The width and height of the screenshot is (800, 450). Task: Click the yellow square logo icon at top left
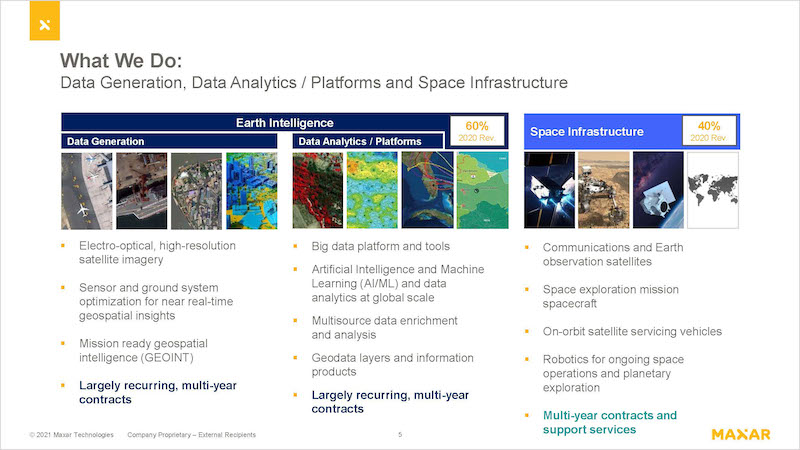point(44,20)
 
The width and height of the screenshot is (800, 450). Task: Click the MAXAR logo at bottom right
point(741,435)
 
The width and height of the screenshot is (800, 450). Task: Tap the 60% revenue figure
point(477,126)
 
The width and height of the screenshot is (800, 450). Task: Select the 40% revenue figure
point(709,126)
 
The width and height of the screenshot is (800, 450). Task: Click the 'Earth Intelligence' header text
point(285,123)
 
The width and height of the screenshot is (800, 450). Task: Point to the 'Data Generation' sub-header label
point(106,141)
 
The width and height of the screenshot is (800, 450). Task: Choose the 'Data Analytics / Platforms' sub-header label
point(360,141)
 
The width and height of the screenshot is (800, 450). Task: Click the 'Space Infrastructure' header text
point(587,132)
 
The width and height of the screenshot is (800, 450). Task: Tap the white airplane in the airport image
point(83,209)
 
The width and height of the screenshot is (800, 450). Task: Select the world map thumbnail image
point(713,190)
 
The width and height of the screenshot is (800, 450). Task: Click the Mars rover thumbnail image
point(604,190)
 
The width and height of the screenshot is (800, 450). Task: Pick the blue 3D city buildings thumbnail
point(252,190)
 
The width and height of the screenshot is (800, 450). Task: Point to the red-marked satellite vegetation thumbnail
point(318,190)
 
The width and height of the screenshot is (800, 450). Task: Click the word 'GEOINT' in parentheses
point(166,358)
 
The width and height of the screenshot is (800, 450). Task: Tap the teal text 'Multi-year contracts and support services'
point(610,422)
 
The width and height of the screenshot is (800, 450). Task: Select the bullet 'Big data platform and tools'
point(381,246)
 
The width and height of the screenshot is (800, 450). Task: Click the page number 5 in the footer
point(400,435)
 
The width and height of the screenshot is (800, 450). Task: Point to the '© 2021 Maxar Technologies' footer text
point(71,435)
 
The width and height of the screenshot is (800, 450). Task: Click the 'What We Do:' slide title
point(121,61)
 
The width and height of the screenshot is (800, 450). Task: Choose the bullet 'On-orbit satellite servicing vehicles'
point(632,332)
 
